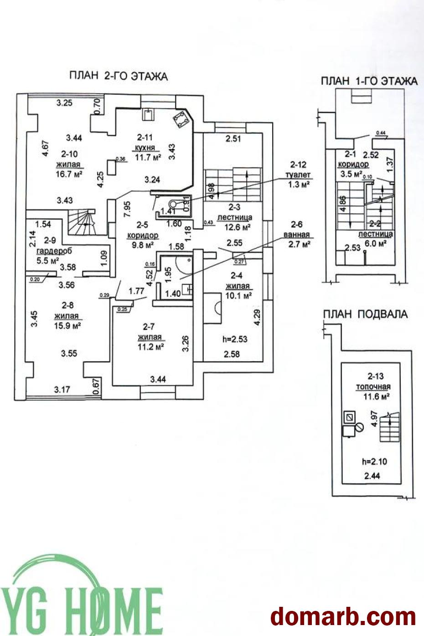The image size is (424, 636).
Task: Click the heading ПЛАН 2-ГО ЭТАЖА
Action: click(x=119, y=76)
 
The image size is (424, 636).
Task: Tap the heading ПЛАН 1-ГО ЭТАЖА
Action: click(x=369, y=81)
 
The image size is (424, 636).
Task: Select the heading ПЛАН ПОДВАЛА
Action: click(x=365, y=314)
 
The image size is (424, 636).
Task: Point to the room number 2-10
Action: click(x=68, y=155)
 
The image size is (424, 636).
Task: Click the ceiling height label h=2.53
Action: click(x=235, y=340)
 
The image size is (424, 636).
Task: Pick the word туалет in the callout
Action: click(x=298, y=174)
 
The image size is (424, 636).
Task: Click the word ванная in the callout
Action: click(x=296, y=235)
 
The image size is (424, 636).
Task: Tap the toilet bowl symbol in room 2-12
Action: click(x=174, y=205)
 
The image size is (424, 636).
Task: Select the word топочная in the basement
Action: click(x=373, y=387)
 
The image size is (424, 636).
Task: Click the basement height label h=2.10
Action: click(x=374, y=461)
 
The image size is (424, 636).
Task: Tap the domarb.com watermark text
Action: click(x=343, y=616)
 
